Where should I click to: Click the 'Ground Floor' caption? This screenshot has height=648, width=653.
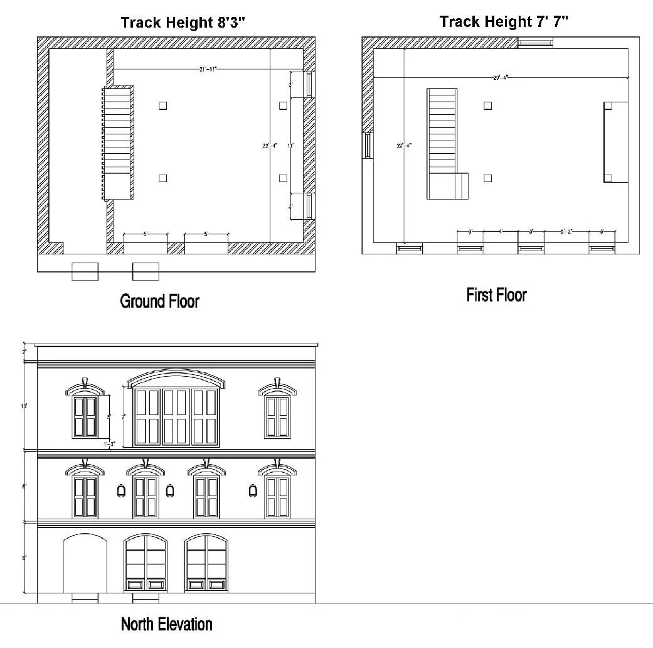pyautogui.click(x=159, y=301)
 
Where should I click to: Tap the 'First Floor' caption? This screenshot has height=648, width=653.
pyautogui.click(x=496, y=295)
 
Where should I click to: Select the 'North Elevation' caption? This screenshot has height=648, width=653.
pyautogui.click(x=166, y=624)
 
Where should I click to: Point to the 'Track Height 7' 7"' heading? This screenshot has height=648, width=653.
pyautogui.click(x=504, y=22)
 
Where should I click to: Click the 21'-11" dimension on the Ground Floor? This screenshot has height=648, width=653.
pyautogui.click(x=208, y=69)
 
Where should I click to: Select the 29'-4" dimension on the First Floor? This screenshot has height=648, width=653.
pyautogui.click(x=500, y=77)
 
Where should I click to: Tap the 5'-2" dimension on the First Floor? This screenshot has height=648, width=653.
pyautogui.click(x=566, y=232)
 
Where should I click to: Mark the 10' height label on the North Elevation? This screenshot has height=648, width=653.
pyautogui.click(x=24, y=407)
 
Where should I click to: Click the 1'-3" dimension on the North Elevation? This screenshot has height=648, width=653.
pyautogui.click(x=110, y=444)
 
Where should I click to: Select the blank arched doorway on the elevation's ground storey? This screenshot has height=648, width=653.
pyautogui.click(x=85, y=563)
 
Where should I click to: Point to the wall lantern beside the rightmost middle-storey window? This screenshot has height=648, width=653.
pyautogui.click(x=253, y=490)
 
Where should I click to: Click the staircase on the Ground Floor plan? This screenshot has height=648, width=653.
pyautogui.click(x=117, y=143)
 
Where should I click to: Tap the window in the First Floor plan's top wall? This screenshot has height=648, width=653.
pyautogui.click(x=535, y=43)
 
